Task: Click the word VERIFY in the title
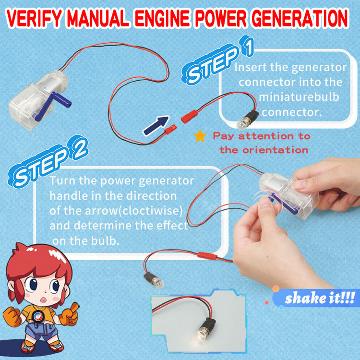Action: (34, 18)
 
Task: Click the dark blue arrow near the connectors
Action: (156, 125)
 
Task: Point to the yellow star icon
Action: (200, 136)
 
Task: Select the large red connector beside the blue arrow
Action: (189, 117)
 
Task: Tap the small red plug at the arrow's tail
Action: (170, 129)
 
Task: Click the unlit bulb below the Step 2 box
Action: (154, 280)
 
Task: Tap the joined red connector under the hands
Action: (207, 256)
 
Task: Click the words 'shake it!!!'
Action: (320, 298)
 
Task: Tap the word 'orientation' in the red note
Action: (275, 150)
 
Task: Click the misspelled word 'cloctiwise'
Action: (152, 211)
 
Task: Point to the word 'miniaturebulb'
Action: (299, 97)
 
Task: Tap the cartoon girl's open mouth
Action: (43, 300)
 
